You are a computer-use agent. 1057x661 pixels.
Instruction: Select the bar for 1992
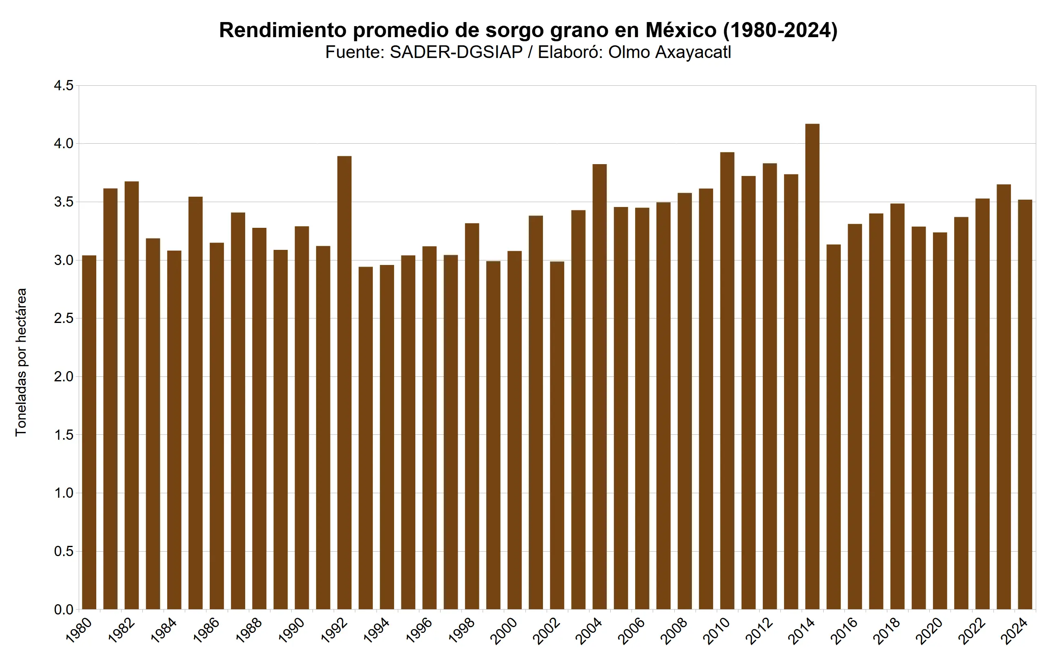(x=344, y=383)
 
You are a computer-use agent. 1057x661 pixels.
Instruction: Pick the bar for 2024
(x=1025, y=404)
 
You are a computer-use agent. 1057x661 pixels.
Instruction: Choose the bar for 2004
(x=599, y=387)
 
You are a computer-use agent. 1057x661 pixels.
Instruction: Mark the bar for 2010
(x=727, y=381)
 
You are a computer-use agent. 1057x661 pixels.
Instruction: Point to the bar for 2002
(x=557, y=435)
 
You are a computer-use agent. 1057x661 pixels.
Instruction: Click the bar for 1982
(x=131, y=395)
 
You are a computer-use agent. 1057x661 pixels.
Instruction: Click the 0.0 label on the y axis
(x=64, y=610)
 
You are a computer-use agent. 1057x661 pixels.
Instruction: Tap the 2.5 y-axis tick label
(x=64, y=318)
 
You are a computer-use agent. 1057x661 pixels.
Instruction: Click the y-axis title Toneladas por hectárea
(x=21, y=362)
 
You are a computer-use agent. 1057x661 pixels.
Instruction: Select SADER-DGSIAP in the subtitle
(x=456, y=52)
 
